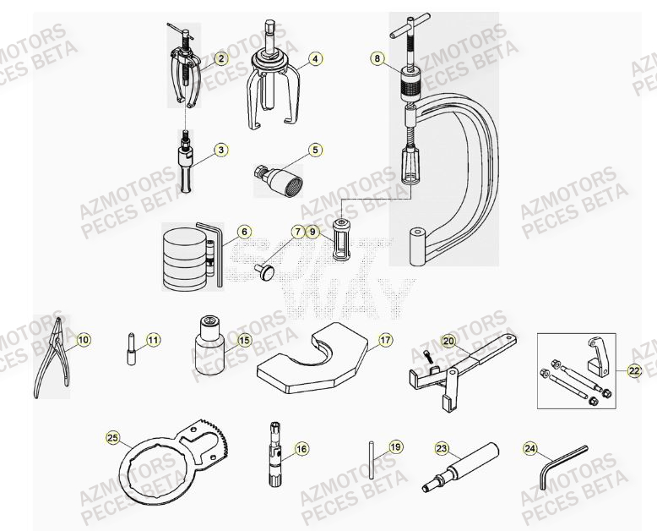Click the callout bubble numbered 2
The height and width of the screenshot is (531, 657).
221,58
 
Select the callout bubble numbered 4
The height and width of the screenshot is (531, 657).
314,59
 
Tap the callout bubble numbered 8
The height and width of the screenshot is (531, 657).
377,59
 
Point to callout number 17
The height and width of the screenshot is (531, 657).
385,341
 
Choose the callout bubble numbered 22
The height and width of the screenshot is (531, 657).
634,370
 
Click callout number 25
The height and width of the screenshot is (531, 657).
113,438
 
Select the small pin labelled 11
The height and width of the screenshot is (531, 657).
133,348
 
